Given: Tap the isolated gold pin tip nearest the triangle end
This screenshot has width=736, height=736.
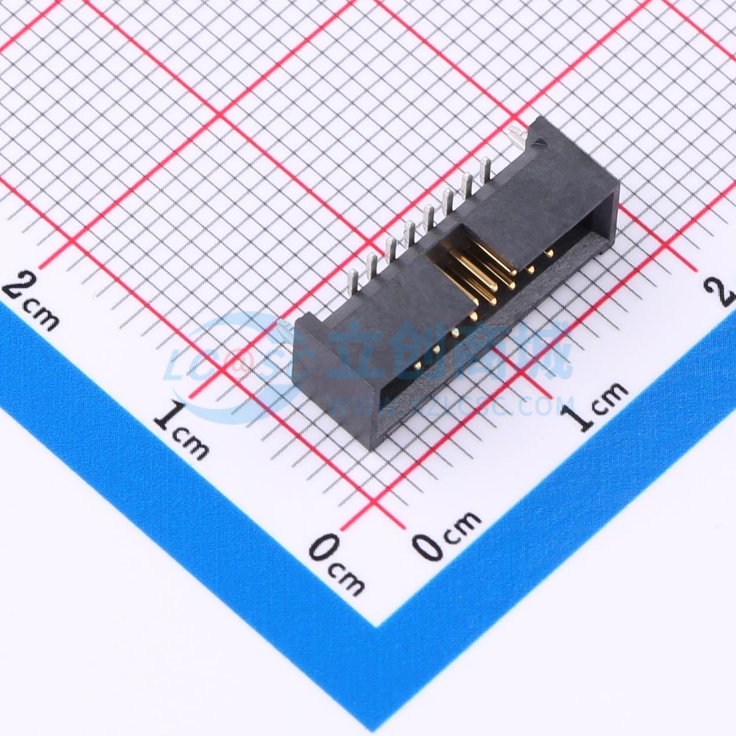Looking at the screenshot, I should click(x=549, y=253).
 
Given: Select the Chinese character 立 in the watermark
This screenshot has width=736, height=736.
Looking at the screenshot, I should click(x=362, y=351).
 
